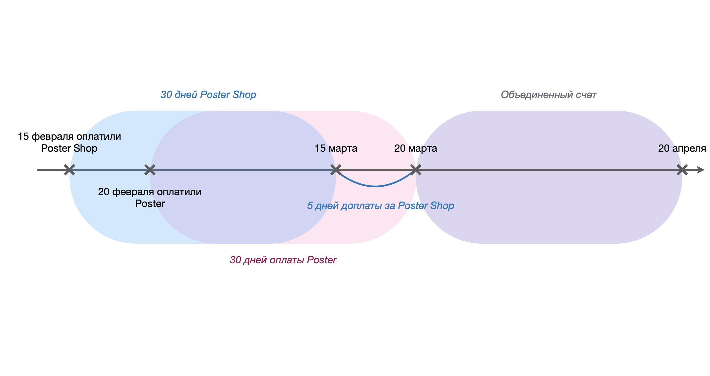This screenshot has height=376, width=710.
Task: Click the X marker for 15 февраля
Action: click(69, 170)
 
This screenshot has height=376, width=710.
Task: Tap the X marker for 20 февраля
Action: click(150, 170)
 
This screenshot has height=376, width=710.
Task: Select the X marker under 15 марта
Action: click(336, 170)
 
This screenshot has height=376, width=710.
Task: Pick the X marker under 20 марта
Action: click(416, 170)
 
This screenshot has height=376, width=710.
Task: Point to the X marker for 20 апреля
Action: click(682, 170)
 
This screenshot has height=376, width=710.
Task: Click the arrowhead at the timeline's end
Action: click(701, 170)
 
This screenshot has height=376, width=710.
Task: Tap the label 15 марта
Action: click(336, 148)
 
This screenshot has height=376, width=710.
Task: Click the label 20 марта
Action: click(415, 148)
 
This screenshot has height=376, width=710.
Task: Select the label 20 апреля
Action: click(682, 148)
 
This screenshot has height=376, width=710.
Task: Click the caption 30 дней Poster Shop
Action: click(208, 95)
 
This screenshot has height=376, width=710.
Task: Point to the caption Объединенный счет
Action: click(549, 95)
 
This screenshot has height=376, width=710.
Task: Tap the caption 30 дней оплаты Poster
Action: click(283, 260)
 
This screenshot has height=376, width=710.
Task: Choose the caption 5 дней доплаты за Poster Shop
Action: click(380, 206)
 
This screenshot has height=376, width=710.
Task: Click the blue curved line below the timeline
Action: click(375, 186)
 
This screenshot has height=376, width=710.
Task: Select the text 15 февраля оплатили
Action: click(69, 136)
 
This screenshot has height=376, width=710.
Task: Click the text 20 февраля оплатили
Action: click(150, 192)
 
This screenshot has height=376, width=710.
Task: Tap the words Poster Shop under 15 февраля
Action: click(69, 148)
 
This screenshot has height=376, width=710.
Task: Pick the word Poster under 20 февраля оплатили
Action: click(150, 204)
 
